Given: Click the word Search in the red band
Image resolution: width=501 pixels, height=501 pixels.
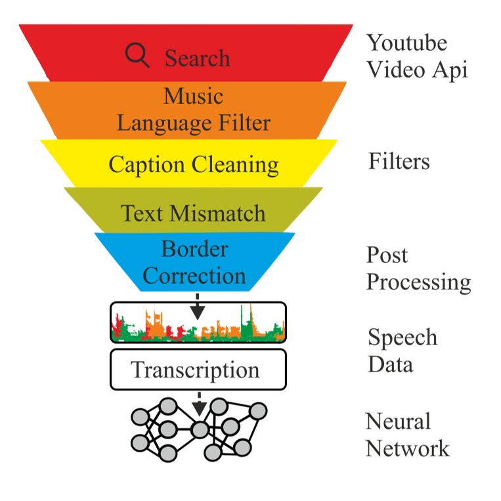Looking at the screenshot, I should (x=197, y=59).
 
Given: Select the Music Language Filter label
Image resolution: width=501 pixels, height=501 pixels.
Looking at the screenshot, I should (x=193, y=110).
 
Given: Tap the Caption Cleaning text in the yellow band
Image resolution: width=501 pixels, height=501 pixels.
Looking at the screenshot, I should (x=193, y=164).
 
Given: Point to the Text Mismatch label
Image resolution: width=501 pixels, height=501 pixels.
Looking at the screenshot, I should (x=193, y=213).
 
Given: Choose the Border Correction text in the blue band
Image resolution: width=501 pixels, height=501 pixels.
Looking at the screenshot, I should (x=194, y=262).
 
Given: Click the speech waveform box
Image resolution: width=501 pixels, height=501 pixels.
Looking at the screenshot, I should (x=198, y=323).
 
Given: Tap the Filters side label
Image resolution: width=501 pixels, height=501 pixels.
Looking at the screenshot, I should (x=399, y=161).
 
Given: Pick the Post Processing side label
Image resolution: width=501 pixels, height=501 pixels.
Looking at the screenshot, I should (x=418, y=268).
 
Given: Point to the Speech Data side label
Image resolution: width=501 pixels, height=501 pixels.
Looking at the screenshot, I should (x=402, y=350).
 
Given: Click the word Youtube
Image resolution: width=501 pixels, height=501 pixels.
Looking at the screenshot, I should (x=406, y=43).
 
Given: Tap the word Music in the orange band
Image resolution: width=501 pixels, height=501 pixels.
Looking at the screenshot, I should (x=193, y=96).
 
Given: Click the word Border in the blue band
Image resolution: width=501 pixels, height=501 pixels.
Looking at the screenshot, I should (x=194, y=249).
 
